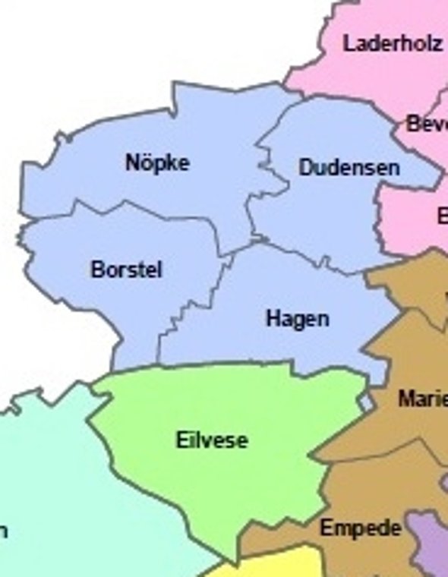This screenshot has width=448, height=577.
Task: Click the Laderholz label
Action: tap(392, 43)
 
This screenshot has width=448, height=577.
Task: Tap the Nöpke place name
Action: tap(158, 162)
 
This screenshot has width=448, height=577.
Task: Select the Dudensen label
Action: tap(349, 168)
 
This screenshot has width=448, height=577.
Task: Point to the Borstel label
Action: tap(126, 270)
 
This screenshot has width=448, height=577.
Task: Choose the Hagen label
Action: tap(297, 319)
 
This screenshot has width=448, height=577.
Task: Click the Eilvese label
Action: tap(211, 440)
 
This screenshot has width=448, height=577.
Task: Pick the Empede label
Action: tap(360, 528)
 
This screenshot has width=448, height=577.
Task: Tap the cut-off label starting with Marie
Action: tap(422, 399)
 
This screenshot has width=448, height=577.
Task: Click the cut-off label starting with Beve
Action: tap(426, 123)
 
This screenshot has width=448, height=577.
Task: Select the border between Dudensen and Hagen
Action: tap(304, 254)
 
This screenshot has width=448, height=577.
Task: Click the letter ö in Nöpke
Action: tap(144, 162)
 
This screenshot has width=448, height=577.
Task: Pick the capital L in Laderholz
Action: tap(349, 43)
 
